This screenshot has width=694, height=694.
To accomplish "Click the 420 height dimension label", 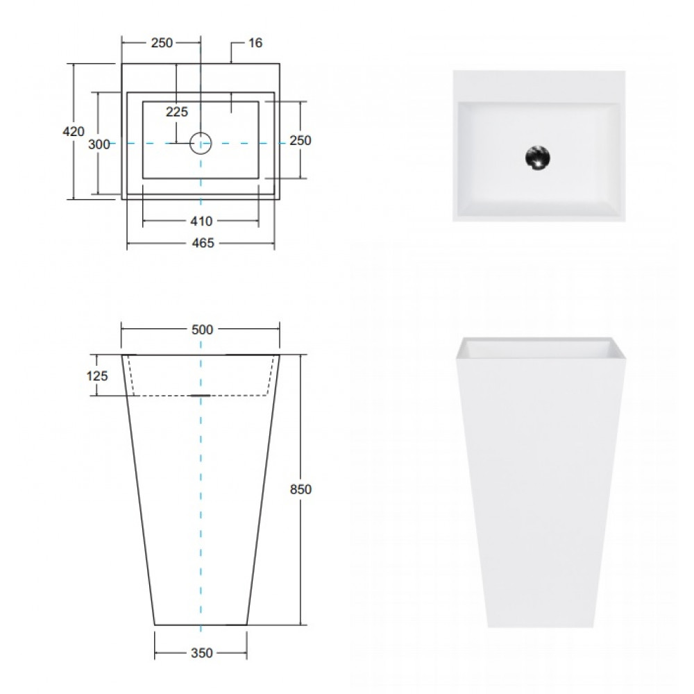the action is coord(74,131).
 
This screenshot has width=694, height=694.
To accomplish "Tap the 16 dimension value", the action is coord(255,43).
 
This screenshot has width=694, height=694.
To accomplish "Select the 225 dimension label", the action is coord(177,112).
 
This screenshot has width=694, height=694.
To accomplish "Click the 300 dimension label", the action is coord(99,144).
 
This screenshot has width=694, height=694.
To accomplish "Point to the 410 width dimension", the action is coord(201,221).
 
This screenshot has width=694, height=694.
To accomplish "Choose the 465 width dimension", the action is coord(203,243).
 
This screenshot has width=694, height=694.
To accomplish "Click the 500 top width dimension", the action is coord(202,330).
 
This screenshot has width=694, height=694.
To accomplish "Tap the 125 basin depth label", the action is coord(97,375).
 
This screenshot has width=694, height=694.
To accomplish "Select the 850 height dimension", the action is coord(301,489).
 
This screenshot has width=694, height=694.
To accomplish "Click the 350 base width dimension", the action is coord(202,653).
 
